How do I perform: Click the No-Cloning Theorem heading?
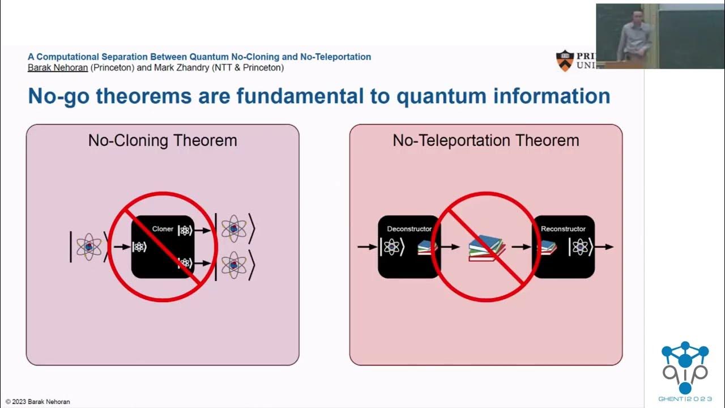click(x=163, y=141)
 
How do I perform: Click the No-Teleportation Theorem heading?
click(x=485, y=141)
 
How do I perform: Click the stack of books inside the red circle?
click(x=487, y=248)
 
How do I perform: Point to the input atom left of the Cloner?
click(x=89, y=246)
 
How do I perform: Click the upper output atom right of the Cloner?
click(x=234, y=228)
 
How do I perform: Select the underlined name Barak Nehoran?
click(x=58, y=67)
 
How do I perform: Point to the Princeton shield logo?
click(x=565, y=61)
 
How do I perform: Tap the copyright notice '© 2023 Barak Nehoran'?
click(x=38, y=402)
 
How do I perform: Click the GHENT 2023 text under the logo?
click(x=685, y=399)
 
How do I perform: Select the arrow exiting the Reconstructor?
click(x=604, y=247)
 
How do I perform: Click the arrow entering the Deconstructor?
click(x=367, y=247)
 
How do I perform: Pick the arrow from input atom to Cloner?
click(x=121, y=247)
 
